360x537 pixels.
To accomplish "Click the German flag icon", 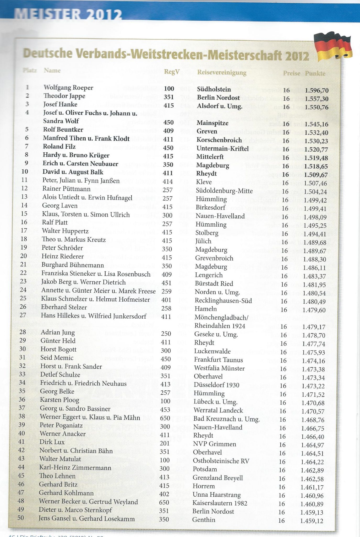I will point(333,47).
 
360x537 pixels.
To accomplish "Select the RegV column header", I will point(172,72).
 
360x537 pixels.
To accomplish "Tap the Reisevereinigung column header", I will point(222,72).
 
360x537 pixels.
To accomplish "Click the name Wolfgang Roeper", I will point(68,88).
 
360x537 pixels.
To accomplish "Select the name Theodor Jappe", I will point(64,96).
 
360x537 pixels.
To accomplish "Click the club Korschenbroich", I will point(219,140).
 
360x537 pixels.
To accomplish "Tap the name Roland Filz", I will point(59,147).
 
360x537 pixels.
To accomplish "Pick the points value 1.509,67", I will point(316,175).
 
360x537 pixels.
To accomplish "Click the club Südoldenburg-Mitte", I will point(224,191).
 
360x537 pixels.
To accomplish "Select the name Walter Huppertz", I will point(65,231).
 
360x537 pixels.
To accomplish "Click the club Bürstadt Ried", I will point(214,284).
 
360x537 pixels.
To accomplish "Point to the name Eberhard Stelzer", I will point(64,307).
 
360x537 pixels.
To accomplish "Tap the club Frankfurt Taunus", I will point(219,360).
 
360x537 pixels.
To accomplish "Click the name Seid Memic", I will point(57,358).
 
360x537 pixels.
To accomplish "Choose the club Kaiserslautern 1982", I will point(220,503).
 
